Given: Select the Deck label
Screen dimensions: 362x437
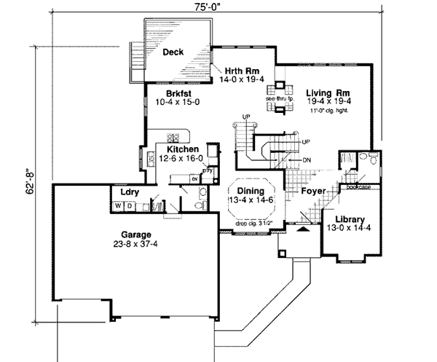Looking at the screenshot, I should [173, 52].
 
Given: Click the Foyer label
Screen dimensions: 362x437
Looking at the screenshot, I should [315, 191].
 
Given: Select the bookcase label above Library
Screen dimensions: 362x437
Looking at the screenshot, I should [358, 186].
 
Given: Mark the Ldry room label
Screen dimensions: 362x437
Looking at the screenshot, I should [120, 193].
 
